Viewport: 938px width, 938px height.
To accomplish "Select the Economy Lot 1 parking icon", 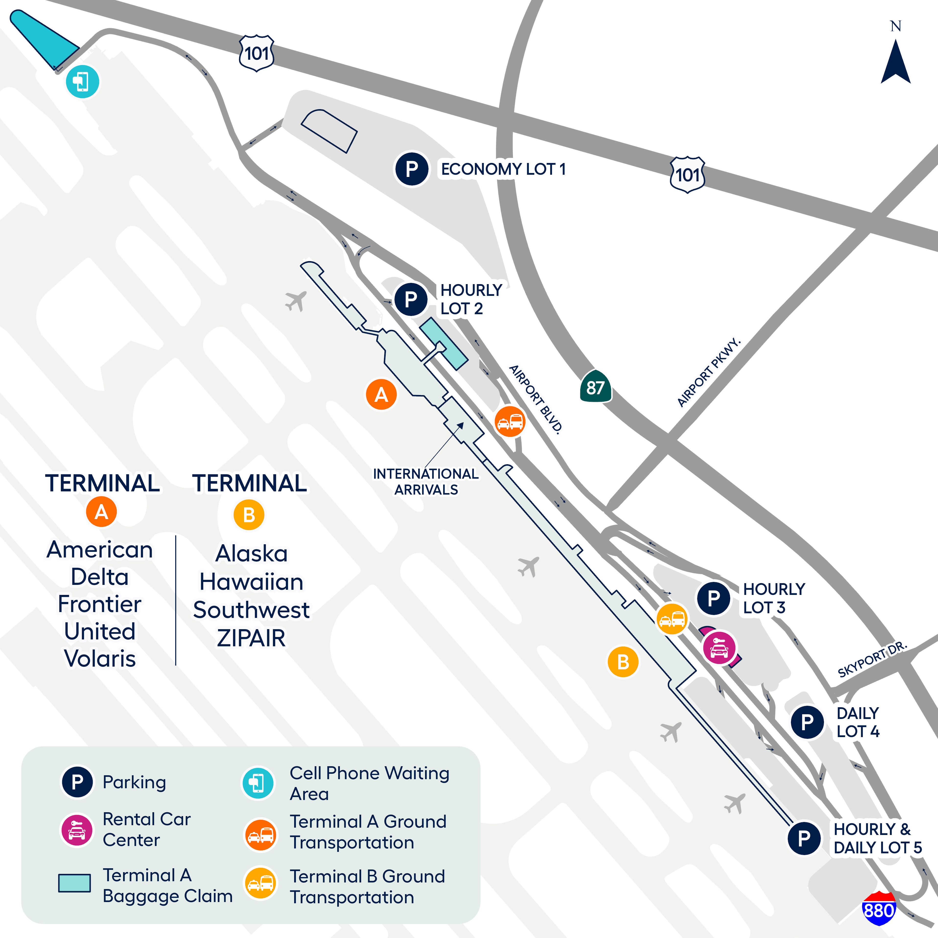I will coord(411,169).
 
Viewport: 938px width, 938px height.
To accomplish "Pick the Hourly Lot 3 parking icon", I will coord(713,598).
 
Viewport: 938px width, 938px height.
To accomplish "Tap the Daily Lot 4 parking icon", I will coord(807,722).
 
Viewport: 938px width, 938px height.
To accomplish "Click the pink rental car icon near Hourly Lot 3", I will coord(719,647).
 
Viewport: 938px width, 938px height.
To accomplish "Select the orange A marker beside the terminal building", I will coord(381,394).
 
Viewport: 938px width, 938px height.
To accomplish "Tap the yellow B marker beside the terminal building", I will coord(623,661).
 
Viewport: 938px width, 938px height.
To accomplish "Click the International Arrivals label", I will coord(426,482).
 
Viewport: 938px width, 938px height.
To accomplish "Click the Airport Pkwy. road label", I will coord(709,372).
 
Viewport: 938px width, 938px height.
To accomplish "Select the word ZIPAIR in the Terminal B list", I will coord(251,638).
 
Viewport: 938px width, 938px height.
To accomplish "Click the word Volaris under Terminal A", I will coord(100,658).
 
